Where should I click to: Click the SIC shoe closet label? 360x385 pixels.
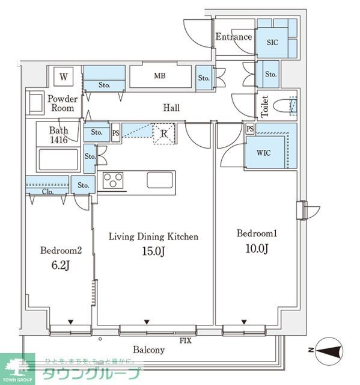coord(272,42)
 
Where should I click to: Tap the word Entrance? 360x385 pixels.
coord(233,37)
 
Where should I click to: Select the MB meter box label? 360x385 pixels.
coord(160,76)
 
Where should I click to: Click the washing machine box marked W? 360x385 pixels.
coord(63,76)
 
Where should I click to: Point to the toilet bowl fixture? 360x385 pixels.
coord(284,106)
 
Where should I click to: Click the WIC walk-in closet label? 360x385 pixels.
coord(264,153)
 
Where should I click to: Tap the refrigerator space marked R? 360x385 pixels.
coord(164,134)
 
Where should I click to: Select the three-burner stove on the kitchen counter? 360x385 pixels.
coord(113,180)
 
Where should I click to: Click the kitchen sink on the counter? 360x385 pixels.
coord(160,180)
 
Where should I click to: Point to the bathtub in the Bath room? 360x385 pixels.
coord(58,159)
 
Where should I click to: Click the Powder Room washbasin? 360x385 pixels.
coord(35,103)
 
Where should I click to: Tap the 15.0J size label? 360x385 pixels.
coord(153,251)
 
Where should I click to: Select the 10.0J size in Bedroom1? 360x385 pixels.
coord(257,248)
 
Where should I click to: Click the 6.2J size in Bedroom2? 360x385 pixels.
coord(61,265)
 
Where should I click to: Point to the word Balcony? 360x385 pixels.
coord(148,350)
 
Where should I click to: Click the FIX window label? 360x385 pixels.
coord(185,340)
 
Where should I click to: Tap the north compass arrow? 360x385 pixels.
coord(329,351)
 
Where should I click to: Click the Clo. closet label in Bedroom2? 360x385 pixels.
coord(47,191)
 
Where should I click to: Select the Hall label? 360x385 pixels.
coord(171,108)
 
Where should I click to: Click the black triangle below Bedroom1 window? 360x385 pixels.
coord(244,322)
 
